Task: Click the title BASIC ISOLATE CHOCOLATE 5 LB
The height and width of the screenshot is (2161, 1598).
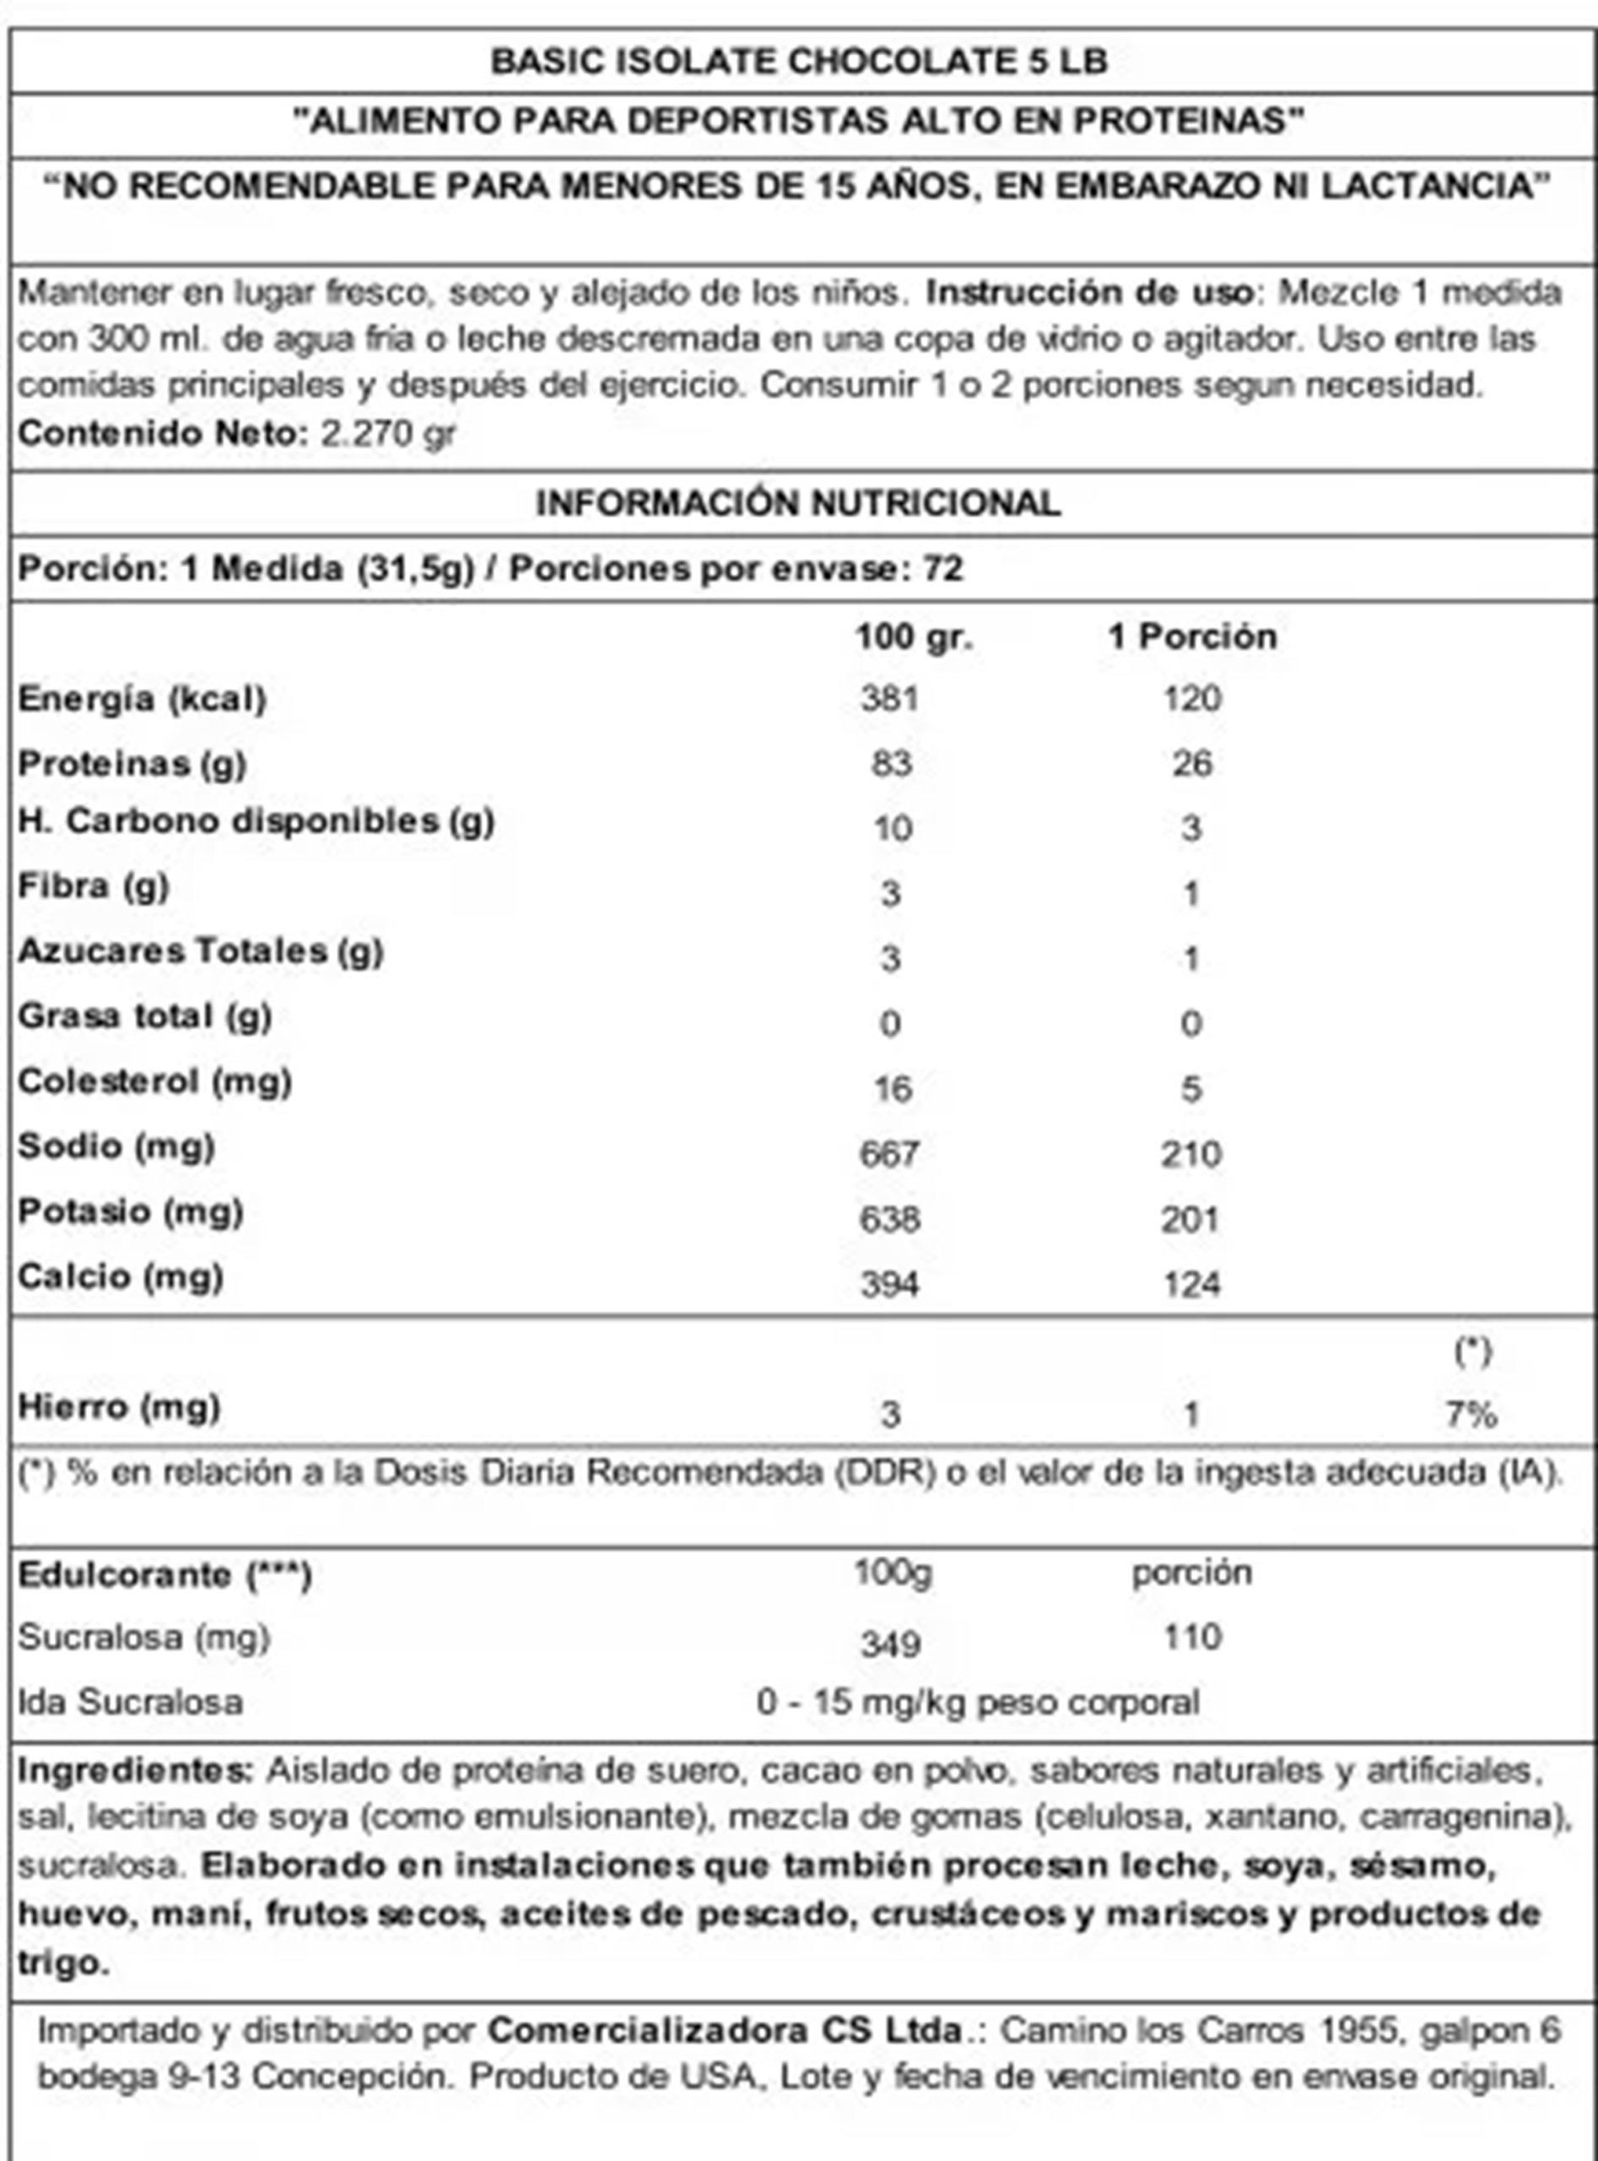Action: (x=798, y=62)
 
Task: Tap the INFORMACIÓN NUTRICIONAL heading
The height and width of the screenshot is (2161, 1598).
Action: (x=798, y=503)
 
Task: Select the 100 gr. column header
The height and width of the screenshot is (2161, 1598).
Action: (x=913, y=636)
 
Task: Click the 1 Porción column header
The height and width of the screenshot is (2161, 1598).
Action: (x=1191, y=636)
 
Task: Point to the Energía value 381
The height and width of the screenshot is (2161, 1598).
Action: (x=889, y=699)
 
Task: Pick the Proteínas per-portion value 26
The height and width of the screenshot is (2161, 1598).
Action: (x=1191, y=764)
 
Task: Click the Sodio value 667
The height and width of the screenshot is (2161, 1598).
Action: (x=889, y=1154)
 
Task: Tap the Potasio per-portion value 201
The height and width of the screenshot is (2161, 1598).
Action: (x=1190, y=1220)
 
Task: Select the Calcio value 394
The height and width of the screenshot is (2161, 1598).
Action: (x=889, y=1284)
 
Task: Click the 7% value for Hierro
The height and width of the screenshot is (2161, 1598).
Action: (x=1471, y=1415)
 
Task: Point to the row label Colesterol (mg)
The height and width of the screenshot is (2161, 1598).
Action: (x=154, y=1081)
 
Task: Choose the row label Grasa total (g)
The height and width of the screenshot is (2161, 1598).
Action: (x=145, y=1016)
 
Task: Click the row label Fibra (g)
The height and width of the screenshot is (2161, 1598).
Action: (x=94, y=886)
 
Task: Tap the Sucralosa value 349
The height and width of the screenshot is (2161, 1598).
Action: (x=890, y=1644)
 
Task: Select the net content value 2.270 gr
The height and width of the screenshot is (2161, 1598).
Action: (x=387, y=432)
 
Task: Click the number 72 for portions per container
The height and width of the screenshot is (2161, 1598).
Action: (x=943, y=568)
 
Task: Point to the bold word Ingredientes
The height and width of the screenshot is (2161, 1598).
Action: (x=134, y=1770)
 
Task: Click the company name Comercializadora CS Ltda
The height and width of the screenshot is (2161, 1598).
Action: (x=726, y=2029)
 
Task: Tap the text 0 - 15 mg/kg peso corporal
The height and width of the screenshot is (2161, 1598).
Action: (x=977, y=1701)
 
